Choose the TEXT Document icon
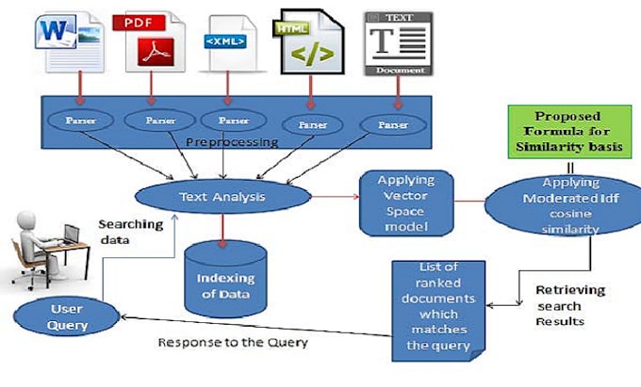[397, 42]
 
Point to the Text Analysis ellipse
[223, 198]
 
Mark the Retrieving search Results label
[569, 303]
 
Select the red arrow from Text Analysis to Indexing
[222, 227]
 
